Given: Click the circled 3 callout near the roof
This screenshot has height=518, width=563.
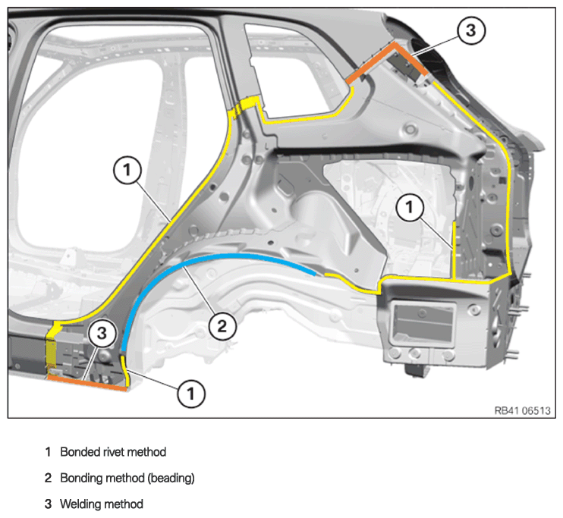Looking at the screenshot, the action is (471, 30).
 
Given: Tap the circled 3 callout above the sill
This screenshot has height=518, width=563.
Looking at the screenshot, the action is (102, 334).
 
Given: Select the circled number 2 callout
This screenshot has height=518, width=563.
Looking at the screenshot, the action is (222, 326).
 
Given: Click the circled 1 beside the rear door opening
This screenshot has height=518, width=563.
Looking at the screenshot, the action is (127, 170).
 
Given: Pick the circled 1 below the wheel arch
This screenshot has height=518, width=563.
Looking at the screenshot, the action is (191, 394).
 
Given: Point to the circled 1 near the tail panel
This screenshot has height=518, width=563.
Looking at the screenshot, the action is (410, 207).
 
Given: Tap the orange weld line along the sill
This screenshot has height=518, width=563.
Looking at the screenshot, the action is (87, 383).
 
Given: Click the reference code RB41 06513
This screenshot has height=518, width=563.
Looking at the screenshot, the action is (523, 410).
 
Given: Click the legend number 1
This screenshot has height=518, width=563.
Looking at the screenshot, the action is (48, 452).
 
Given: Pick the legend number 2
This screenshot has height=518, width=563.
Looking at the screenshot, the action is (48, 478).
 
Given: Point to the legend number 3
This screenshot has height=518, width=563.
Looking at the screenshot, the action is (48, 504).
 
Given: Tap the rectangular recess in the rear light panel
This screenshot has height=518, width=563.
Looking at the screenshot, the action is (424, 322).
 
